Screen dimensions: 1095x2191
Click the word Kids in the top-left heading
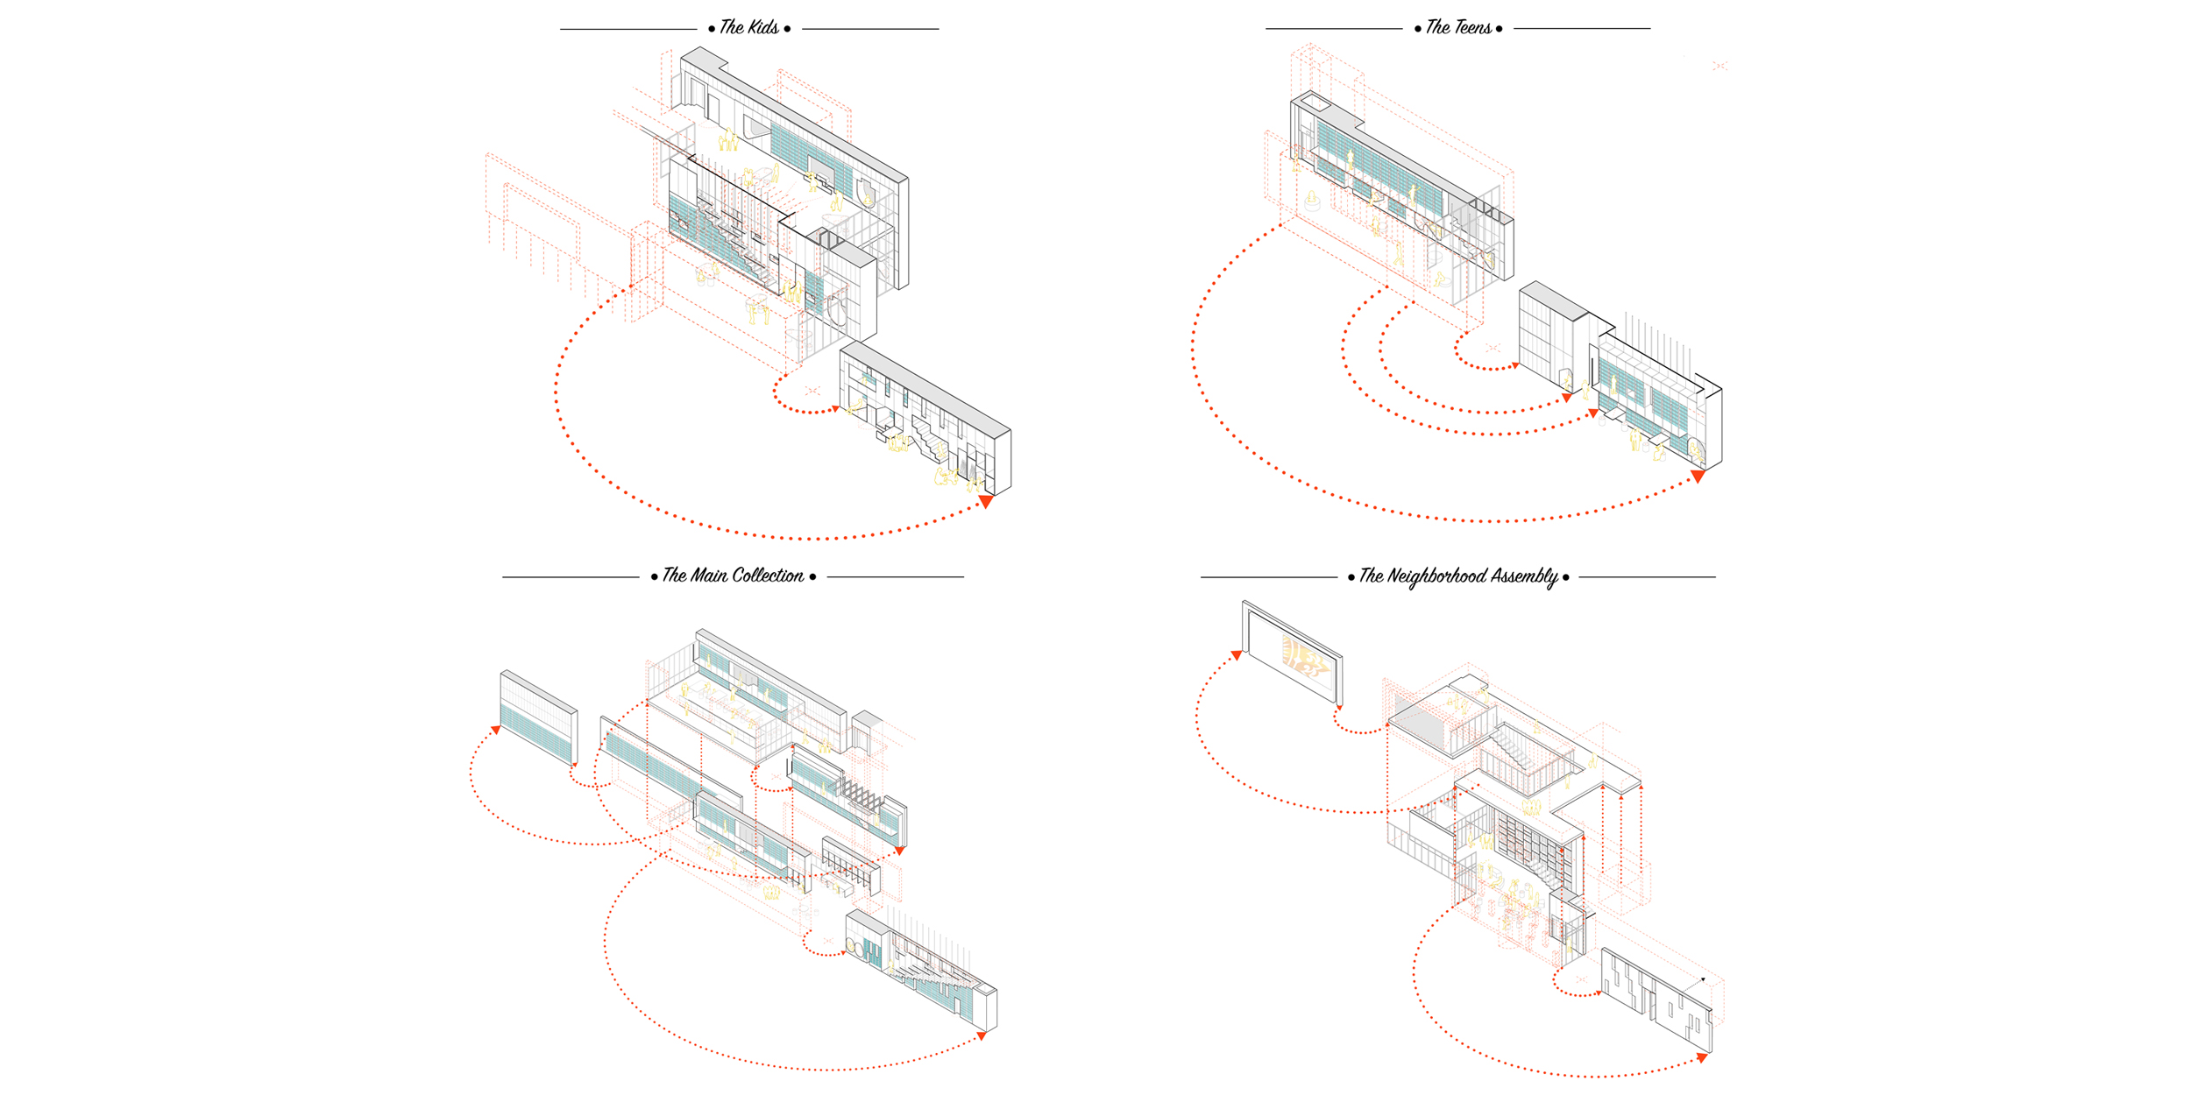click(762, 27)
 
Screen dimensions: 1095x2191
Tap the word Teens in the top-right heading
click(1471, 27)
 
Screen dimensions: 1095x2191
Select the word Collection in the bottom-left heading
click(768, 576)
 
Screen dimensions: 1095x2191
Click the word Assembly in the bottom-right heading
click(1524, 576)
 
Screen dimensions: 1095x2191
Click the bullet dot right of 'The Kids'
click(787, 29)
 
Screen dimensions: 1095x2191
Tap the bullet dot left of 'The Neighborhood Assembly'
click(1351, 577)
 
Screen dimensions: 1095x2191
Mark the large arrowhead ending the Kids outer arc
click(986, 502)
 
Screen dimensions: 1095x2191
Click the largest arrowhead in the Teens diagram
click(1698, 477)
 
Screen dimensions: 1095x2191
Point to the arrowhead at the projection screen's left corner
click(1237, 654)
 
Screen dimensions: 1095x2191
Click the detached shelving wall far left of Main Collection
click(538, 718)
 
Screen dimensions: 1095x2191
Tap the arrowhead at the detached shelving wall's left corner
click(496, 730)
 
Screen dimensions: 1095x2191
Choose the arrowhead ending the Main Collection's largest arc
click(982, 1035)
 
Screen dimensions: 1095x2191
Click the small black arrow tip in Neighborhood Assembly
click(1703, 979)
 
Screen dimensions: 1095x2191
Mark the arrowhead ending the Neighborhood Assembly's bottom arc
click(1702, 1057)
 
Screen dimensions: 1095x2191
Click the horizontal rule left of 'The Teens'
click(1333, 29)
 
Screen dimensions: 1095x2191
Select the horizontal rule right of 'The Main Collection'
click(895, 577)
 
